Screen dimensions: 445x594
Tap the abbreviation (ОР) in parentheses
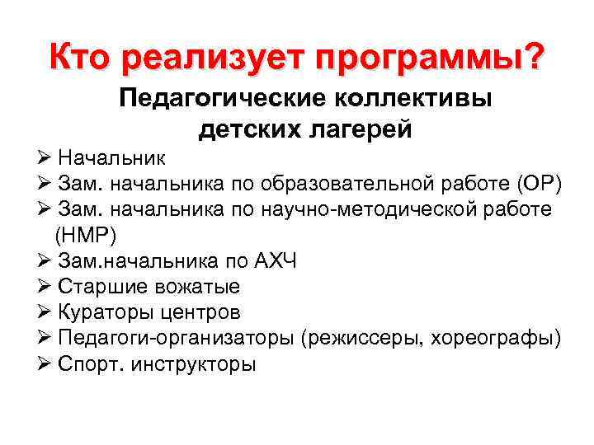pyautogui.click(x=537, y=183)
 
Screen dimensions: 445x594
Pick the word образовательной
pyautogui.click(x=328, y=183)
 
